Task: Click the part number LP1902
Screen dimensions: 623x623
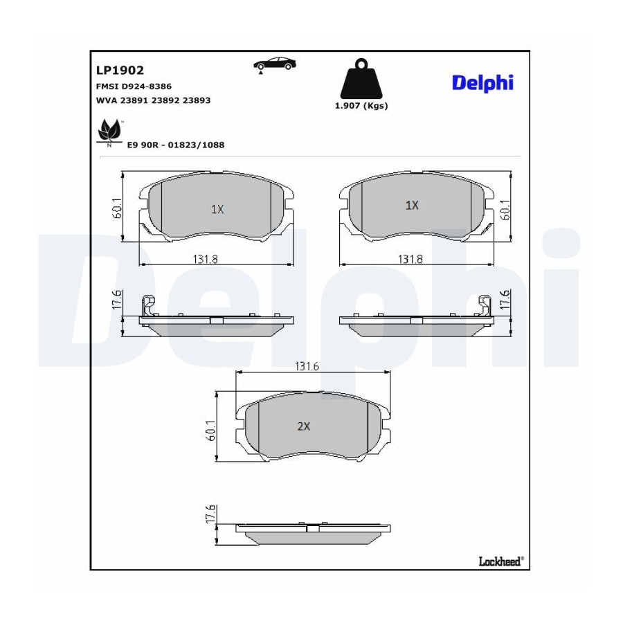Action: (x=120, y=71)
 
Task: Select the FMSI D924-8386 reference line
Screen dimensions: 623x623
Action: (x=134, y=87)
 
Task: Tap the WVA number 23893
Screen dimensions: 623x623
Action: (x=197, y=100)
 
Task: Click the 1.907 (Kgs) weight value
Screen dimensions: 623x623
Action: (x=361, y=106)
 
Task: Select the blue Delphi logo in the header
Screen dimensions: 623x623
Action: (x=482, y=83)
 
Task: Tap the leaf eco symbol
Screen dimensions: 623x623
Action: (x=109, y=130)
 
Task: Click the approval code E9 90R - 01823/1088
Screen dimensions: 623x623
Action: (x=176, y=145)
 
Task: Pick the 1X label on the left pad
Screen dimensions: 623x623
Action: (x=217, y=209)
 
